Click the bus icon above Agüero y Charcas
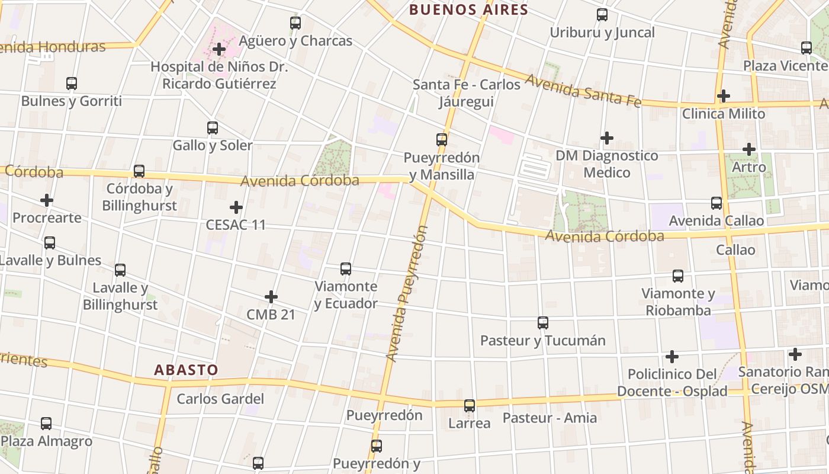295,23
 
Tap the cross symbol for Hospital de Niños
219,49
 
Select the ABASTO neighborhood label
186,370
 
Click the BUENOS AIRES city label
468,9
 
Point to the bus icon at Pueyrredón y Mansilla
442,140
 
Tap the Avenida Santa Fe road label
583,88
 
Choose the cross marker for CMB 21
271,296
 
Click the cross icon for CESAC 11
236,207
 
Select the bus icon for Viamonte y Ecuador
346,269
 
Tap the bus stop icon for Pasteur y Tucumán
543,323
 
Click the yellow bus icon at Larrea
470,406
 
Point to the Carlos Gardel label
220,399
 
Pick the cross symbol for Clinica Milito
723,96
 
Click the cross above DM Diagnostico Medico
607,138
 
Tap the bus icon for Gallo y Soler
213,127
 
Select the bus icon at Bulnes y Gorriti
72,84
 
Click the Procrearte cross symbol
47,200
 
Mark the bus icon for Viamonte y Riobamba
678,276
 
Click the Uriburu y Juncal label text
602,33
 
